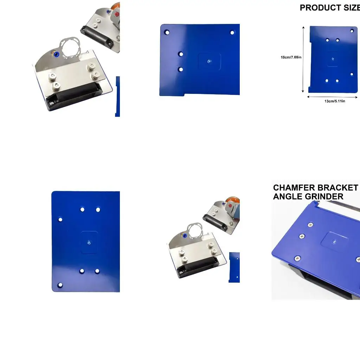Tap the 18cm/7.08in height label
(291, 57)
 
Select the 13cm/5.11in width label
(334, 101)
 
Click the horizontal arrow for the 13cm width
(333, 96)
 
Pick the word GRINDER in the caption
(324, 197)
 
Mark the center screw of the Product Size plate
(332, 59)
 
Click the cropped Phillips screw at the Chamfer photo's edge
(358, 260)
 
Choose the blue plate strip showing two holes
(234, 267)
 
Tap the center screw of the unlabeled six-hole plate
(89, 242)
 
